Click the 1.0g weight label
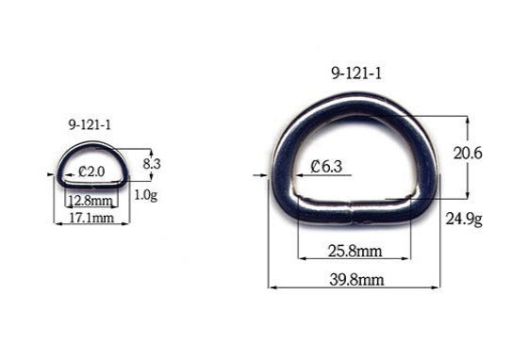[x=145, y=195]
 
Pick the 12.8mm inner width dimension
[x=91, y=201]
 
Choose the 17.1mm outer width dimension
[x=91, y=217]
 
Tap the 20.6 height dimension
[x=468, y=153]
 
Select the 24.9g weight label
[x=464, y=220]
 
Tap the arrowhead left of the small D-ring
[x=50, y=173]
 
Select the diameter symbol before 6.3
[x=315, y=168]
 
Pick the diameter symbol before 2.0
[x=83, y=172]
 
